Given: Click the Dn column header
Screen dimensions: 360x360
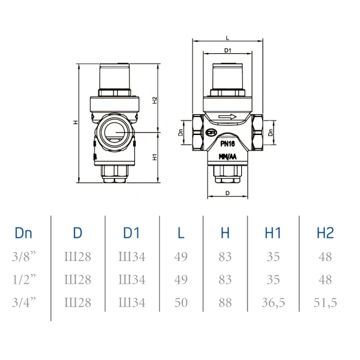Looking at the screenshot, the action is click(x=23, y=233).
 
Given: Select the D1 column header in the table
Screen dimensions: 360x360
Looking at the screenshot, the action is click(x=131, y=233).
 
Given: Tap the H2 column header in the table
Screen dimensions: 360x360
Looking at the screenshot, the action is click(x=325, y=233).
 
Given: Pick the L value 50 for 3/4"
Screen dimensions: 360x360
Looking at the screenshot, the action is click(x=181, y=302).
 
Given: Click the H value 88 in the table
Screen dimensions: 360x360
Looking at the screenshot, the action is click(x=225, y=302).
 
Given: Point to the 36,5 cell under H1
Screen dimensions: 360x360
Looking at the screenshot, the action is click(x=273, y=303).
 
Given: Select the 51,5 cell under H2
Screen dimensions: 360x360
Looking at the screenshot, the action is click(x=325, y=303).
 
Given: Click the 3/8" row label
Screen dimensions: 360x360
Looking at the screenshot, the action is click(x=24, y=256).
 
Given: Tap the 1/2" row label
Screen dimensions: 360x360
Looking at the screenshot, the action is click(x=24, y=280).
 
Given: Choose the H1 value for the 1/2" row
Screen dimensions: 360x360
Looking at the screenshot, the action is click(x=273, y=280).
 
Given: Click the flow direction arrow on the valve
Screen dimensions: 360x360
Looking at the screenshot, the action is click(x=227, y=116).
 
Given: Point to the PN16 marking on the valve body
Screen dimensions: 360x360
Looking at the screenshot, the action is click(x=227, y=144).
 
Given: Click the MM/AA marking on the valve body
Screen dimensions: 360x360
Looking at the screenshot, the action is click(x=227, y=157).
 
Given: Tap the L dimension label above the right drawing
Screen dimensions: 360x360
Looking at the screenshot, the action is click(x=227, y=38).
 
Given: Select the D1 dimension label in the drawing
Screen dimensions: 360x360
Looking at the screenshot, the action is click(x=227, y=50).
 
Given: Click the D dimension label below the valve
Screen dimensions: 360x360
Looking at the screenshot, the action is click(x=227, y=193).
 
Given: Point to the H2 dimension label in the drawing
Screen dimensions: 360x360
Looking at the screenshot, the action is click(x=155, y=100).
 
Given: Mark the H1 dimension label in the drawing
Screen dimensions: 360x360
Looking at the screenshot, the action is click(x=155, y=157).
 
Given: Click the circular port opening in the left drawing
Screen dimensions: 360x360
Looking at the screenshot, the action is click(x=114, y=133).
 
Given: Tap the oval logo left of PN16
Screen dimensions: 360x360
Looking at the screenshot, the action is click(x=211, y=133).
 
